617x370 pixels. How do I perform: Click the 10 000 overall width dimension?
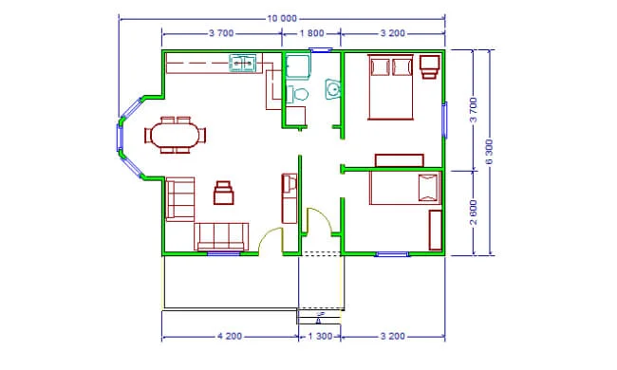pos(282,18)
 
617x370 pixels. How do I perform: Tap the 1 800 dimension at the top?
pos(311,33)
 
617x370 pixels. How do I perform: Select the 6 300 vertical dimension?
pos(489,152)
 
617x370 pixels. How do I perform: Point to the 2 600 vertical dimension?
pos(474,213)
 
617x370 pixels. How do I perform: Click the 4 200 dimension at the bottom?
pos(230,336)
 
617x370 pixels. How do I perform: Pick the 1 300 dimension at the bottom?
pos(320,336)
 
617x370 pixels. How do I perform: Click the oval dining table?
pos(175,135)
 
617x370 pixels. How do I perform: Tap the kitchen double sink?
pos(242,64)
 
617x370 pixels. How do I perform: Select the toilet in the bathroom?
pos(297,94)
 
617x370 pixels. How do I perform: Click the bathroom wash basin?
pos(332,89)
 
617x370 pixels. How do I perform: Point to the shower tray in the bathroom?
pos(297,65)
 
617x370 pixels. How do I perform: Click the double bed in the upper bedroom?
pos(390,87)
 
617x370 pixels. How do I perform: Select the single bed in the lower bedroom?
pos(405,188)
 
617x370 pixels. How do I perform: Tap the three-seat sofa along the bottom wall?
pos(221,237)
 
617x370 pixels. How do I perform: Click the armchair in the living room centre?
pos(224,193)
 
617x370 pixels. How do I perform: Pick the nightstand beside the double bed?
pos(429,66)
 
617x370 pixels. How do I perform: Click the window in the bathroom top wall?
pos(321,50)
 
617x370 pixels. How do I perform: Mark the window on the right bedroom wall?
pos(445,120)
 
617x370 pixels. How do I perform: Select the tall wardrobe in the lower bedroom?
pos(435,230)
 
